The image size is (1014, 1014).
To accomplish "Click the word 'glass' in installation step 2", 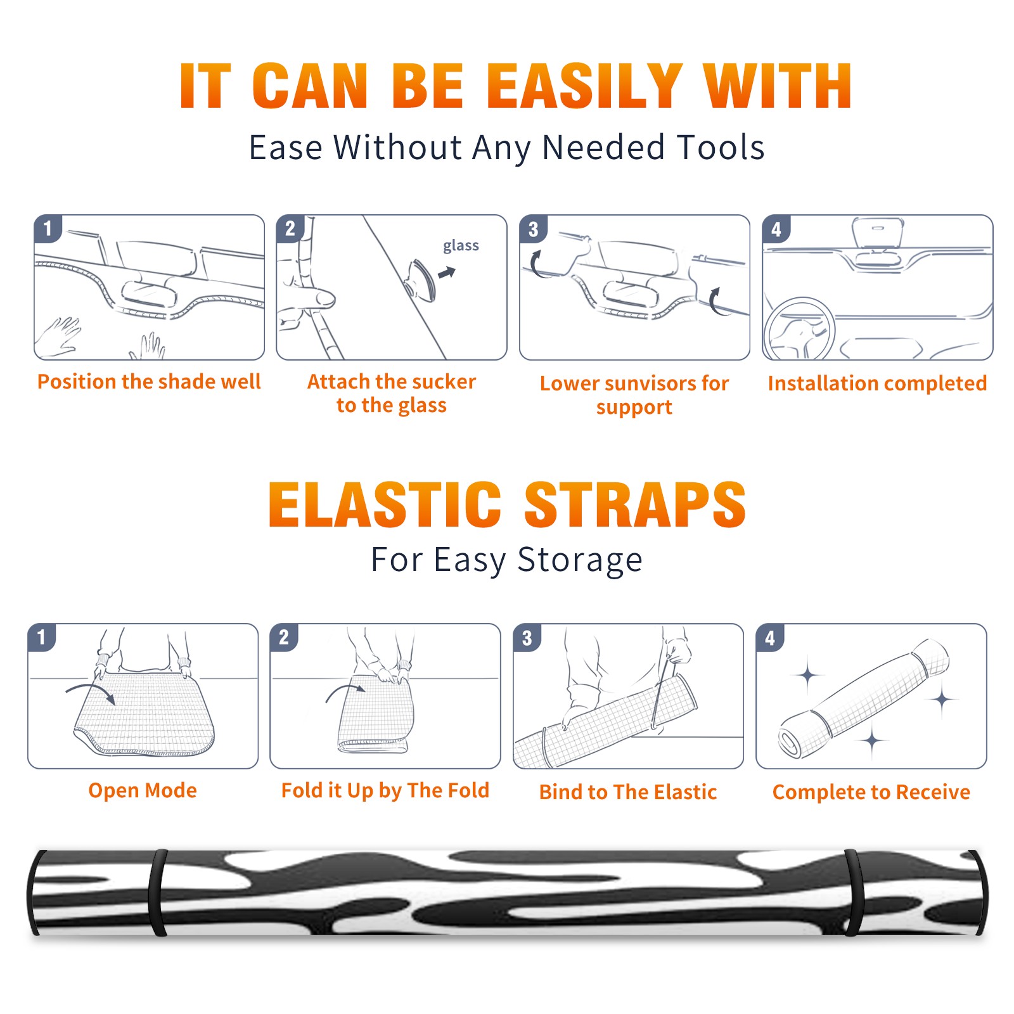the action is pyautogui.click(x=461, y=246).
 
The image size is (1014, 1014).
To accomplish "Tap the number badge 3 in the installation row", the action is pyautogui.click(x=533, y=229).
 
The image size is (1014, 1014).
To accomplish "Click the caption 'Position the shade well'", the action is pyautogui.click(x=149, y=382).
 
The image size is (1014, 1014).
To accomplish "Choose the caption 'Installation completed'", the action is pyautogui.click(x=877, y=383).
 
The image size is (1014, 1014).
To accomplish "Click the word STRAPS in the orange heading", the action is pyautogui.click(x=635, y=504).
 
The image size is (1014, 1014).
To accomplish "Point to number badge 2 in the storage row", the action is pyautogui.click(x=284, y=637).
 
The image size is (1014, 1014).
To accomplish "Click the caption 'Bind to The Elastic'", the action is pyautogui.click(x=627, y=792).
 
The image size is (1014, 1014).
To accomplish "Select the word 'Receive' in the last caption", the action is pyautogui.click(x=933, y=792).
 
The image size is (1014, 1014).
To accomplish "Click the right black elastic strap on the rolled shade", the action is pyautogui.click(x=852, y=893).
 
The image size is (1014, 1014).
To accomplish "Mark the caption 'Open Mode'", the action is pyautogui.click(x=143, y=791).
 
